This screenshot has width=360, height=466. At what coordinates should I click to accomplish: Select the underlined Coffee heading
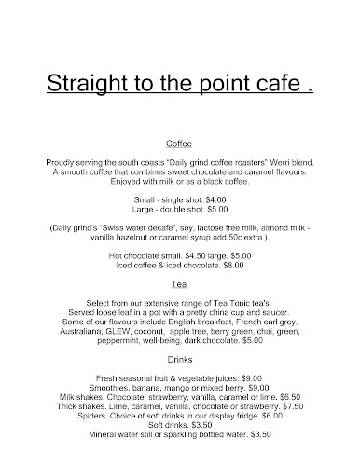click(179, 144)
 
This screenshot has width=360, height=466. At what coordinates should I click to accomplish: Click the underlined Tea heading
click(179, 282)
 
